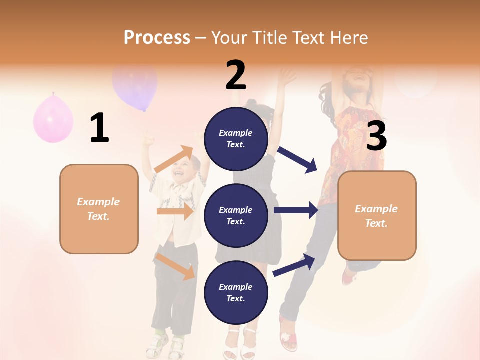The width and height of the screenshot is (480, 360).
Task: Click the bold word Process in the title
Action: tap(157, 37)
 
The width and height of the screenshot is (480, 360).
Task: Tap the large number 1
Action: tap(99, 128)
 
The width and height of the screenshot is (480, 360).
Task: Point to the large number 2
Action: tap(236, 75)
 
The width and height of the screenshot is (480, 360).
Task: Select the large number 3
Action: tap(377, 136)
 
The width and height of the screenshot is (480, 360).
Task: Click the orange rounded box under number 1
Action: tap(99, 209)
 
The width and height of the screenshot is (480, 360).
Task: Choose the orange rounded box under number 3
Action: tap(377, 216)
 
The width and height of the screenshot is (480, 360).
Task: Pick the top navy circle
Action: tap(236, 139)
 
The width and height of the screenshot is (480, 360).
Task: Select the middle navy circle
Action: tap(236, 215)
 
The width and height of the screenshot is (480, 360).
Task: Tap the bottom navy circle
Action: tap(236, 292)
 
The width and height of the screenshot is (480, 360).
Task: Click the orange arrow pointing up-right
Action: tap(174, 159)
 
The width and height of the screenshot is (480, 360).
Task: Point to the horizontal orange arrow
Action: tap(174, 211)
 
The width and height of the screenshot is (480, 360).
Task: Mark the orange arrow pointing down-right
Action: tap(175, 266)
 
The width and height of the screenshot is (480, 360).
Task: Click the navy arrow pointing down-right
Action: tap(297, 159)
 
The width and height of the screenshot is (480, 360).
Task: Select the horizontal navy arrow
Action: tap(295, 210)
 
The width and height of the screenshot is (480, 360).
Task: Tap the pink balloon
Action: tap(53, 119)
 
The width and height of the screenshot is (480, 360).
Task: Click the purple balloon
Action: tap(135, 88)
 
